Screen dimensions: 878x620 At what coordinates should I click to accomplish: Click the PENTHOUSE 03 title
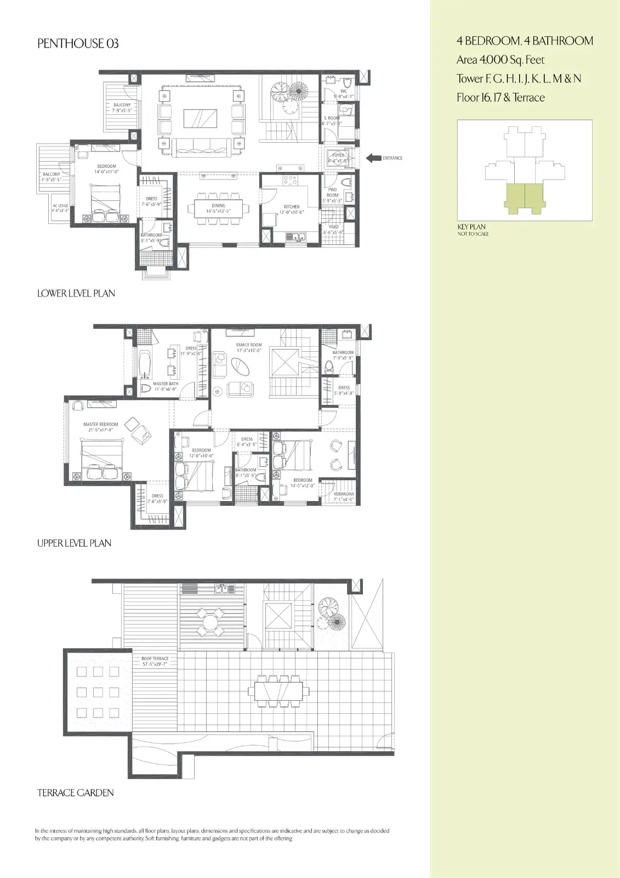point(78,44)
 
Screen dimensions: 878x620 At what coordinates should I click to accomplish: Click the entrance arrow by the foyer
point(374,158)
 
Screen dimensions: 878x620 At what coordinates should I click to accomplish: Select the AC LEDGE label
point(60,207)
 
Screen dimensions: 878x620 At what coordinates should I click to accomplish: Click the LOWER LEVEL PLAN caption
point(76,294)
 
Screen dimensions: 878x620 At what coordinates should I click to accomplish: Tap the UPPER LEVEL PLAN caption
point(75,543)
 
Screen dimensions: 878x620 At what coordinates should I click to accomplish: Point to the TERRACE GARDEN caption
point(76,793)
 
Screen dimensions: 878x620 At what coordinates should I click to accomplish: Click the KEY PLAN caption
point(471,227)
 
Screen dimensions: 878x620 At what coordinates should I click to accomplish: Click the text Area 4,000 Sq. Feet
point(500,60)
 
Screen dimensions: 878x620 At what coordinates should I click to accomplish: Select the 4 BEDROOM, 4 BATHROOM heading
point(525,41)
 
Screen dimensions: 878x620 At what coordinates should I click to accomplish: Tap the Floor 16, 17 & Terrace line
point(500,98)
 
